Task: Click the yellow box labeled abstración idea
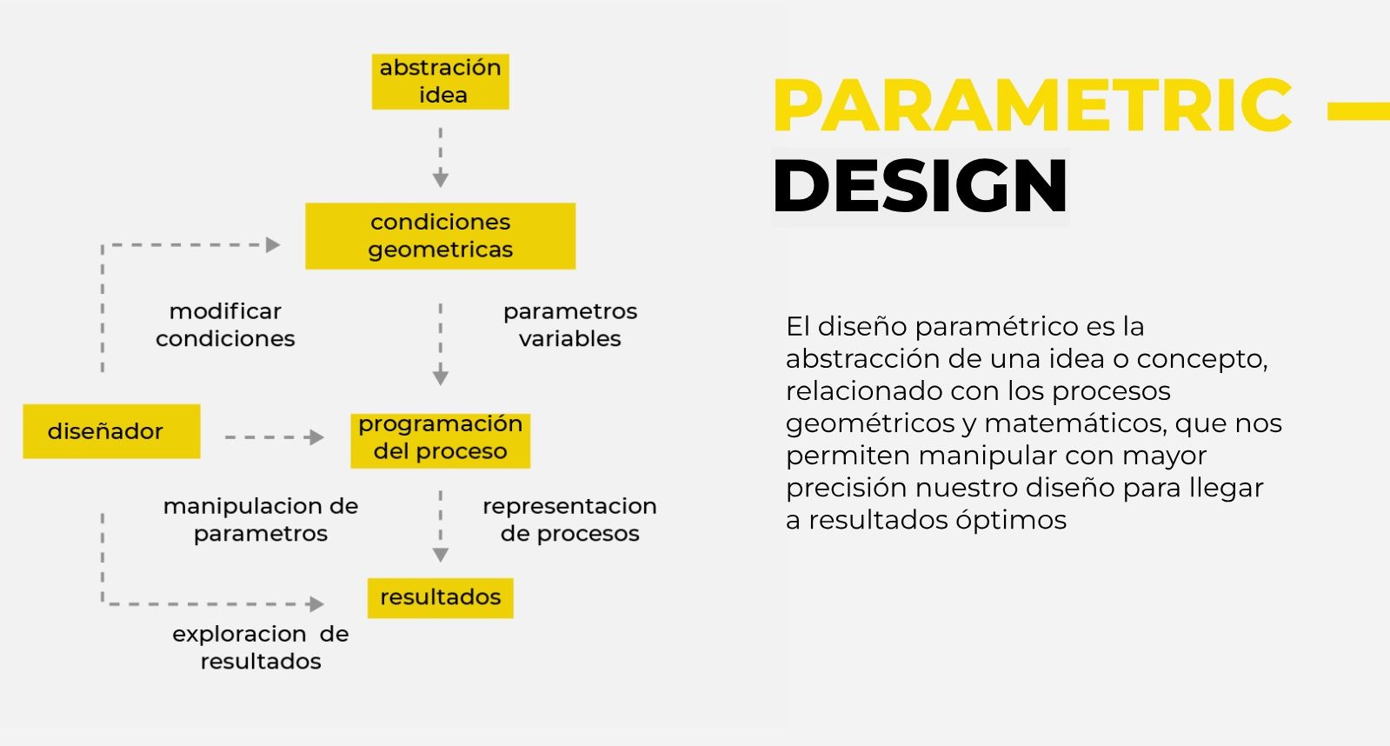click(x=441, y=82)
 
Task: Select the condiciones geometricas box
click(x=441, y=236)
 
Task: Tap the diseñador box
click(x=111, y=431)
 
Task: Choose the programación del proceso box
click(x=441, y=441)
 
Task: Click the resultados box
click(x=441, y=597)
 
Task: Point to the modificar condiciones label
click(x=225, y=324)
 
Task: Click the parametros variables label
click(x=570, y=324)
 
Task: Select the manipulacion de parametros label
click(x=261, y=519)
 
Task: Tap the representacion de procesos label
click(x=569, y=519)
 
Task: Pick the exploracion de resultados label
click(x=261, y=648)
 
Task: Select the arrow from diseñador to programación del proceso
click(x=275, y=437)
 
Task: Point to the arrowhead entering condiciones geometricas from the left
click(x=272, y=245)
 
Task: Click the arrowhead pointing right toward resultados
click(x=316, y=604)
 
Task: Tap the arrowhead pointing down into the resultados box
click(x=441, y=554)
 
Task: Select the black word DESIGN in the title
click(x=920, y=185)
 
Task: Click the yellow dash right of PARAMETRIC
click(x=1359, y=111)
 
